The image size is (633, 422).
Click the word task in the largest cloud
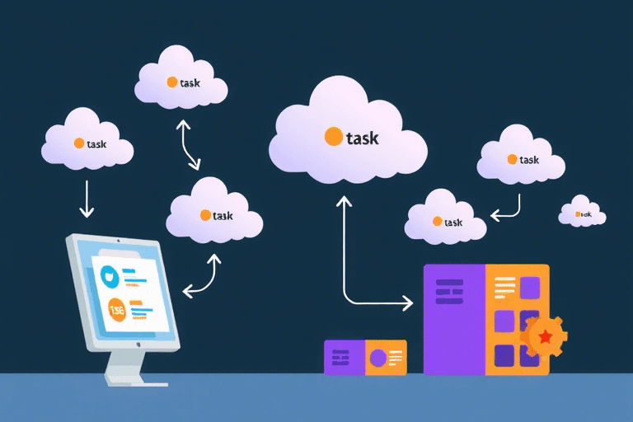tap(362, 138)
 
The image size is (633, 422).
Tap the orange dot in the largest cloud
tap(334, 136)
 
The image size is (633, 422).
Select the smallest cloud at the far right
tap(582, 213)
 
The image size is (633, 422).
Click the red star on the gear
tap(545, 335)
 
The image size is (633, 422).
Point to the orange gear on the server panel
tap(544, 335)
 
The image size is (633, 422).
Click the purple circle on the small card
tap(378, 359)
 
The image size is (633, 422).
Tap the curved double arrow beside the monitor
tap(202, 276)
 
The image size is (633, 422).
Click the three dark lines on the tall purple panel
tap(449, 292)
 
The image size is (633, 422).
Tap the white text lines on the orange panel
tap(504, 286)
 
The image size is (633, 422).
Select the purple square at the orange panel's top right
tap(530, 288)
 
